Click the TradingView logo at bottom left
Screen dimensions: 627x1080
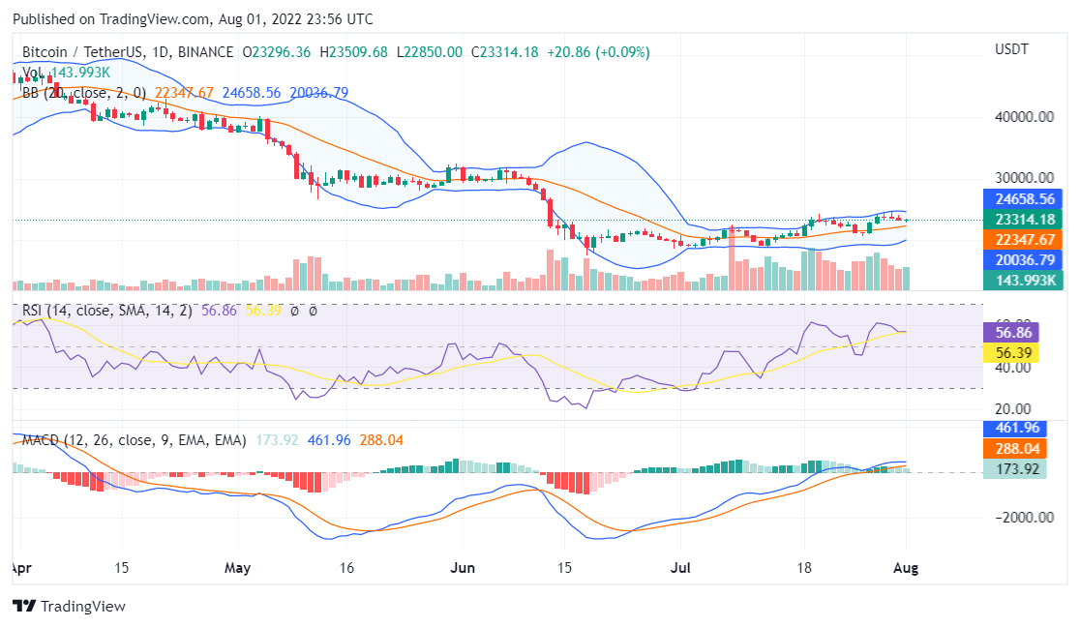pyautogui.click(x=69, y=606)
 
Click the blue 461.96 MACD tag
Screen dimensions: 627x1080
pyautogui.click(x=1012, y=428)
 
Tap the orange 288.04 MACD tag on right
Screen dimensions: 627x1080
pyautogui.click(x=1012, y=449)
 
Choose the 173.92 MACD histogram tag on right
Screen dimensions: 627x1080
pyautogui.click(x=1012, y=469)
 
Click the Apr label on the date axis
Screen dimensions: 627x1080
pyautogui.click(x=17, y=569)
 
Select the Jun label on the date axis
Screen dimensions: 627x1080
pyautogui.click(x=464, y=569)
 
